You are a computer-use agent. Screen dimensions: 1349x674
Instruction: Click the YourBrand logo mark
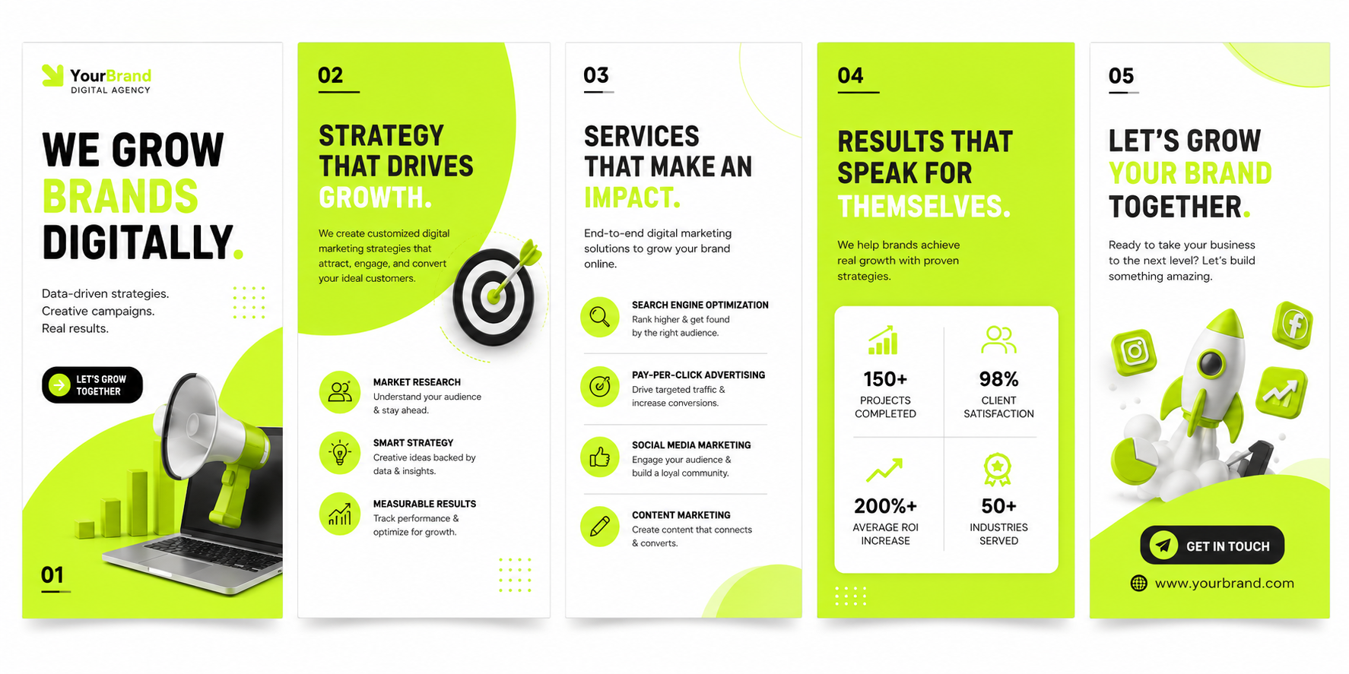click(52, 75)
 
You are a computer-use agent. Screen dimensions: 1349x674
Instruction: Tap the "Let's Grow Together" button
click(92, 385)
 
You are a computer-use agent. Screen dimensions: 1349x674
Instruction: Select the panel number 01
click(52, 575)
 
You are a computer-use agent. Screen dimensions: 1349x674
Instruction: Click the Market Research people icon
click(340, 392)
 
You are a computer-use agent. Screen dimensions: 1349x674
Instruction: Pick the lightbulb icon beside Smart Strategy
click(340, 453)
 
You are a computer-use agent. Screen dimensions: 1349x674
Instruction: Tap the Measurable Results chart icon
click(340, 514)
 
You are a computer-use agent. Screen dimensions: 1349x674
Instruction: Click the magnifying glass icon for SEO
click(600, 317)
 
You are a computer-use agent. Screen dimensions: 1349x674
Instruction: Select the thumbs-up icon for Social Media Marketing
click(600, 457)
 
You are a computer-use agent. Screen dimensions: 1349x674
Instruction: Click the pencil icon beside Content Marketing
click(600, 527)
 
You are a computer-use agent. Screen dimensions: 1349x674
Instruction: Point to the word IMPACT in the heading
click(632, 198)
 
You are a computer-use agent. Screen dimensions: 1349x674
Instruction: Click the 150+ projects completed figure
click(885, 378)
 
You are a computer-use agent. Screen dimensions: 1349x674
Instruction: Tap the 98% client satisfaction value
click(998, 378)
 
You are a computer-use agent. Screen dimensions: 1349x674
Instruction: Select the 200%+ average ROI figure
click(885, 505)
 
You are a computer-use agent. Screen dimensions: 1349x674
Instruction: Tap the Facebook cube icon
click(1293, 325)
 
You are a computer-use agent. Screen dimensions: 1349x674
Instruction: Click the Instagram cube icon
click(1134, 352)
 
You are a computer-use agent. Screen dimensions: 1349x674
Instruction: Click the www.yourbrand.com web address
click(1224, 583)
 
